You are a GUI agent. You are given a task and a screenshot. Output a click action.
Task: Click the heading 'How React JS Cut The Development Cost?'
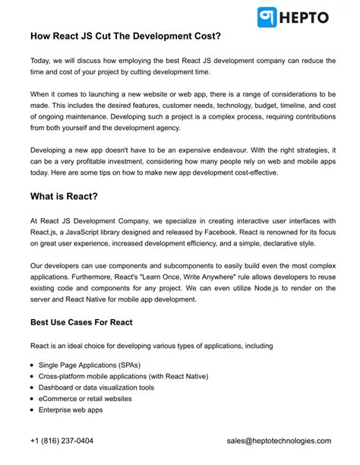tap(126, 36)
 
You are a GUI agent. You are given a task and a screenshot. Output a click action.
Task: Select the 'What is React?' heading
tap(64, 197)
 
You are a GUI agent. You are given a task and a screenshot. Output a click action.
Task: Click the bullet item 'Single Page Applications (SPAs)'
tap(88, 365)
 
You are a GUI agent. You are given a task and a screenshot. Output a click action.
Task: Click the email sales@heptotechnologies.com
tap(279, 441)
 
